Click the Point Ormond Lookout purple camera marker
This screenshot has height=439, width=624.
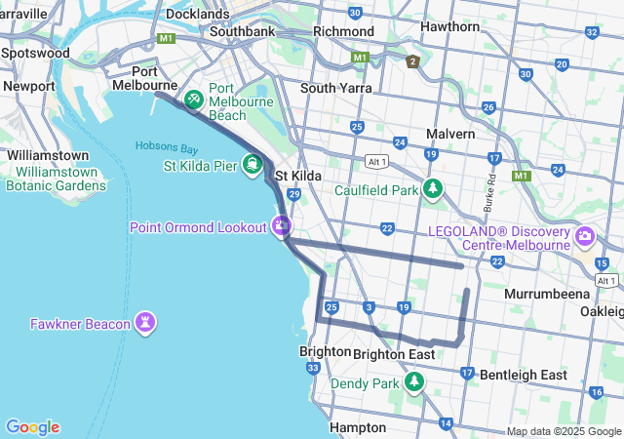pyautogui.click(x=281, y=226)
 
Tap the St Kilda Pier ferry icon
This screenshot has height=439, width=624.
pyautogui.click(x=253, y=165)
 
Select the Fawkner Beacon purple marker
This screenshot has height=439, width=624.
pyautogui.click(x=146, y=322)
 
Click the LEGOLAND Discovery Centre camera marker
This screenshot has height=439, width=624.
pyautogui.click(x=585, y=236)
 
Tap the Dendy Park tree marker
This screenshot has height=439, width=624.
pyautogui.click(x=415, y=382)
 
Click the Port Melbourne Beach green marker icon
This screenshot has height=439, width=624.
pyautogui.click(x=194, y=99)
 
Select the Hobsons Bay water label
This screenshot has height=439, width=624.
pyautogui.click(x=166, y=148)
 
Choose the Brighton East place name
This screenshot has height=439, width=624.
pyautogui.click(x=394, y=354)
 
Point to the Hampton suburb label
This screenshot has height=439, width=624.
pyautogui.click(x=358, y=427)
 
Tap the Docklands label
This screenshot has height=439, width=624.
pyautogui.click(x=197, y=14)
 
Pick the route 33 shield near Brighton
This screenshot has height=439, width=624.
pyautogui.click(x=313, y=368)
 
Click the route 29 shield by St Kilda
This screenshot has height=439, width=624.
pyautogui.click(x=292, y=195)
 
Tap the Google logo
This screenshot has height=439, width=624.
pyautogui.click(x=32, y=427)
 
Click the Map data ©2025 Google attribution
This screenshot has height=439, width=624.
pyautogui.click(x=564, y=432)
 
